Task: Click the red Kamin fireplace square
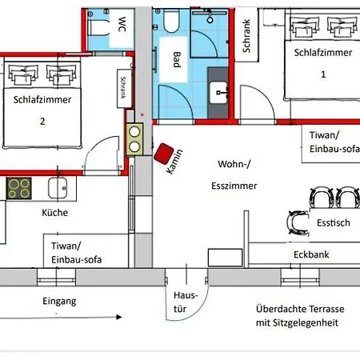coord(163,154)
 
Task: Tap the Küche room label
coord(55,213)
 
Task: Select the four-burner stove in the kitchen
coord(18,189)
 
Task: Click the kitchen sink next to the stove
coord(58,188)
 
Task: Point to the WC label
coord(122,24)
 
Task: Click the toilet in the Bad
coord(171,21)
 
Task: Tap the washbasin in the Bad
coord(218,93)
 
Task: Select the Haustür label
coord(186,302)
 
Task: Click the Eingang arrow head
coord(119,317)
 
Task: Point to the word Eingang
coord(59,302)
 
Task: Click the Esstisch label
coord(334,222)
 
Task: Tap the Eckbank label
coord(311,254)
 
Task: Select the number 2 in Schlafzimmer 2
coord(42,122)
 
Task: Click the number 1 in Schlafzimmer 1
coord(323,74)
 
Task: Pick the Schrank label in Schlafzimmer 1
coord(246,36)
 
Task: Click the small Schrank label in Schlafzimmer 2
coord(123,88)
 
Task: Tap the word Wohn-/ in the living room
coord(234,164)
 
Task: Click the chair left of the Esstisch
coord(298,222)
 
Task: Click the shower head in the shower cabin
coord(210,20)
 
